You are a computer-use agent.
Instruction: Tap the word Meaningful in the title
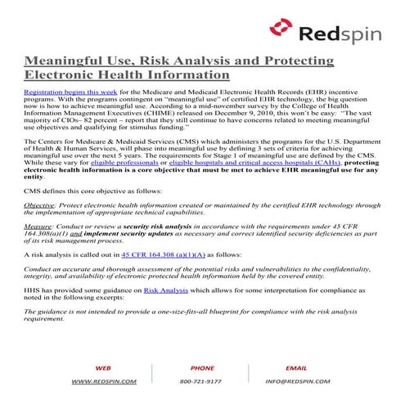coord(66,62)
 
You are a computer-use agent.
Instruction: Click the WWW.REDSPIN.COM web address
coord(104,381)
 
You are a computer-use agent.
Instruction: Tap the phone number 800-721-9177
coord(202,381)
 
